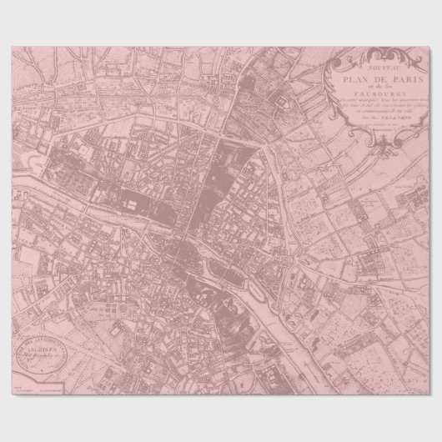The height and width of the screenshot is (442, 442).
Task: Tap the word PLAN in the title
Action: [352, 70]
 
